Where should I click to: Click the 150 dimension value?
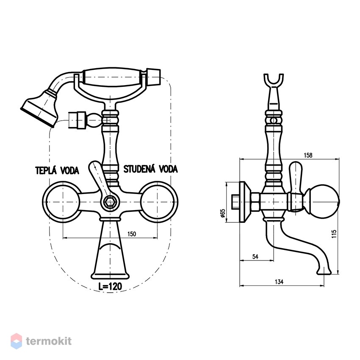pos(132,234)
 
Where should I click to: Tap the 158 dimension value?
pos(308,155)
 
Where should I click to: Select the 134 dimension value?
pos(279,282)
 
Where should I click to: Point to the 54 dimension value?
pos(255,257)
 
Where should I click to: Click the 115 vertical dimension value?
pos(334,234)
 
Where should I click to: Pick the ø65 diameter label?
pos(222,213)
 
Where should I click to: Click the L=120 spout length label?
pos(110,286)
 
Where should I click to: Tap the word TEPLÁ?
pos(46,170)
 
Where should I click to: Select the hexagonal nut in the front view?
pos(110,202)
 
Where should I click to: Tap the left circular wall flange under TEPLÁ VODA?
pos(62,202)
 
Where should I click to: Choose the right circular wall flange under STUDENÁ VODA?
pos(158,202)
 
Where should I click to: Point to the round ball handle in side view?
pos(324,202)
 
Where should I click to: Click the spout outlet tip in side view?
pos(324,272)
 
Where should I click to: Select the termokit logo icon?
pos(17,341)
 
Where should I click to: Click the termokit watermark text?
pos(49,341)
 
